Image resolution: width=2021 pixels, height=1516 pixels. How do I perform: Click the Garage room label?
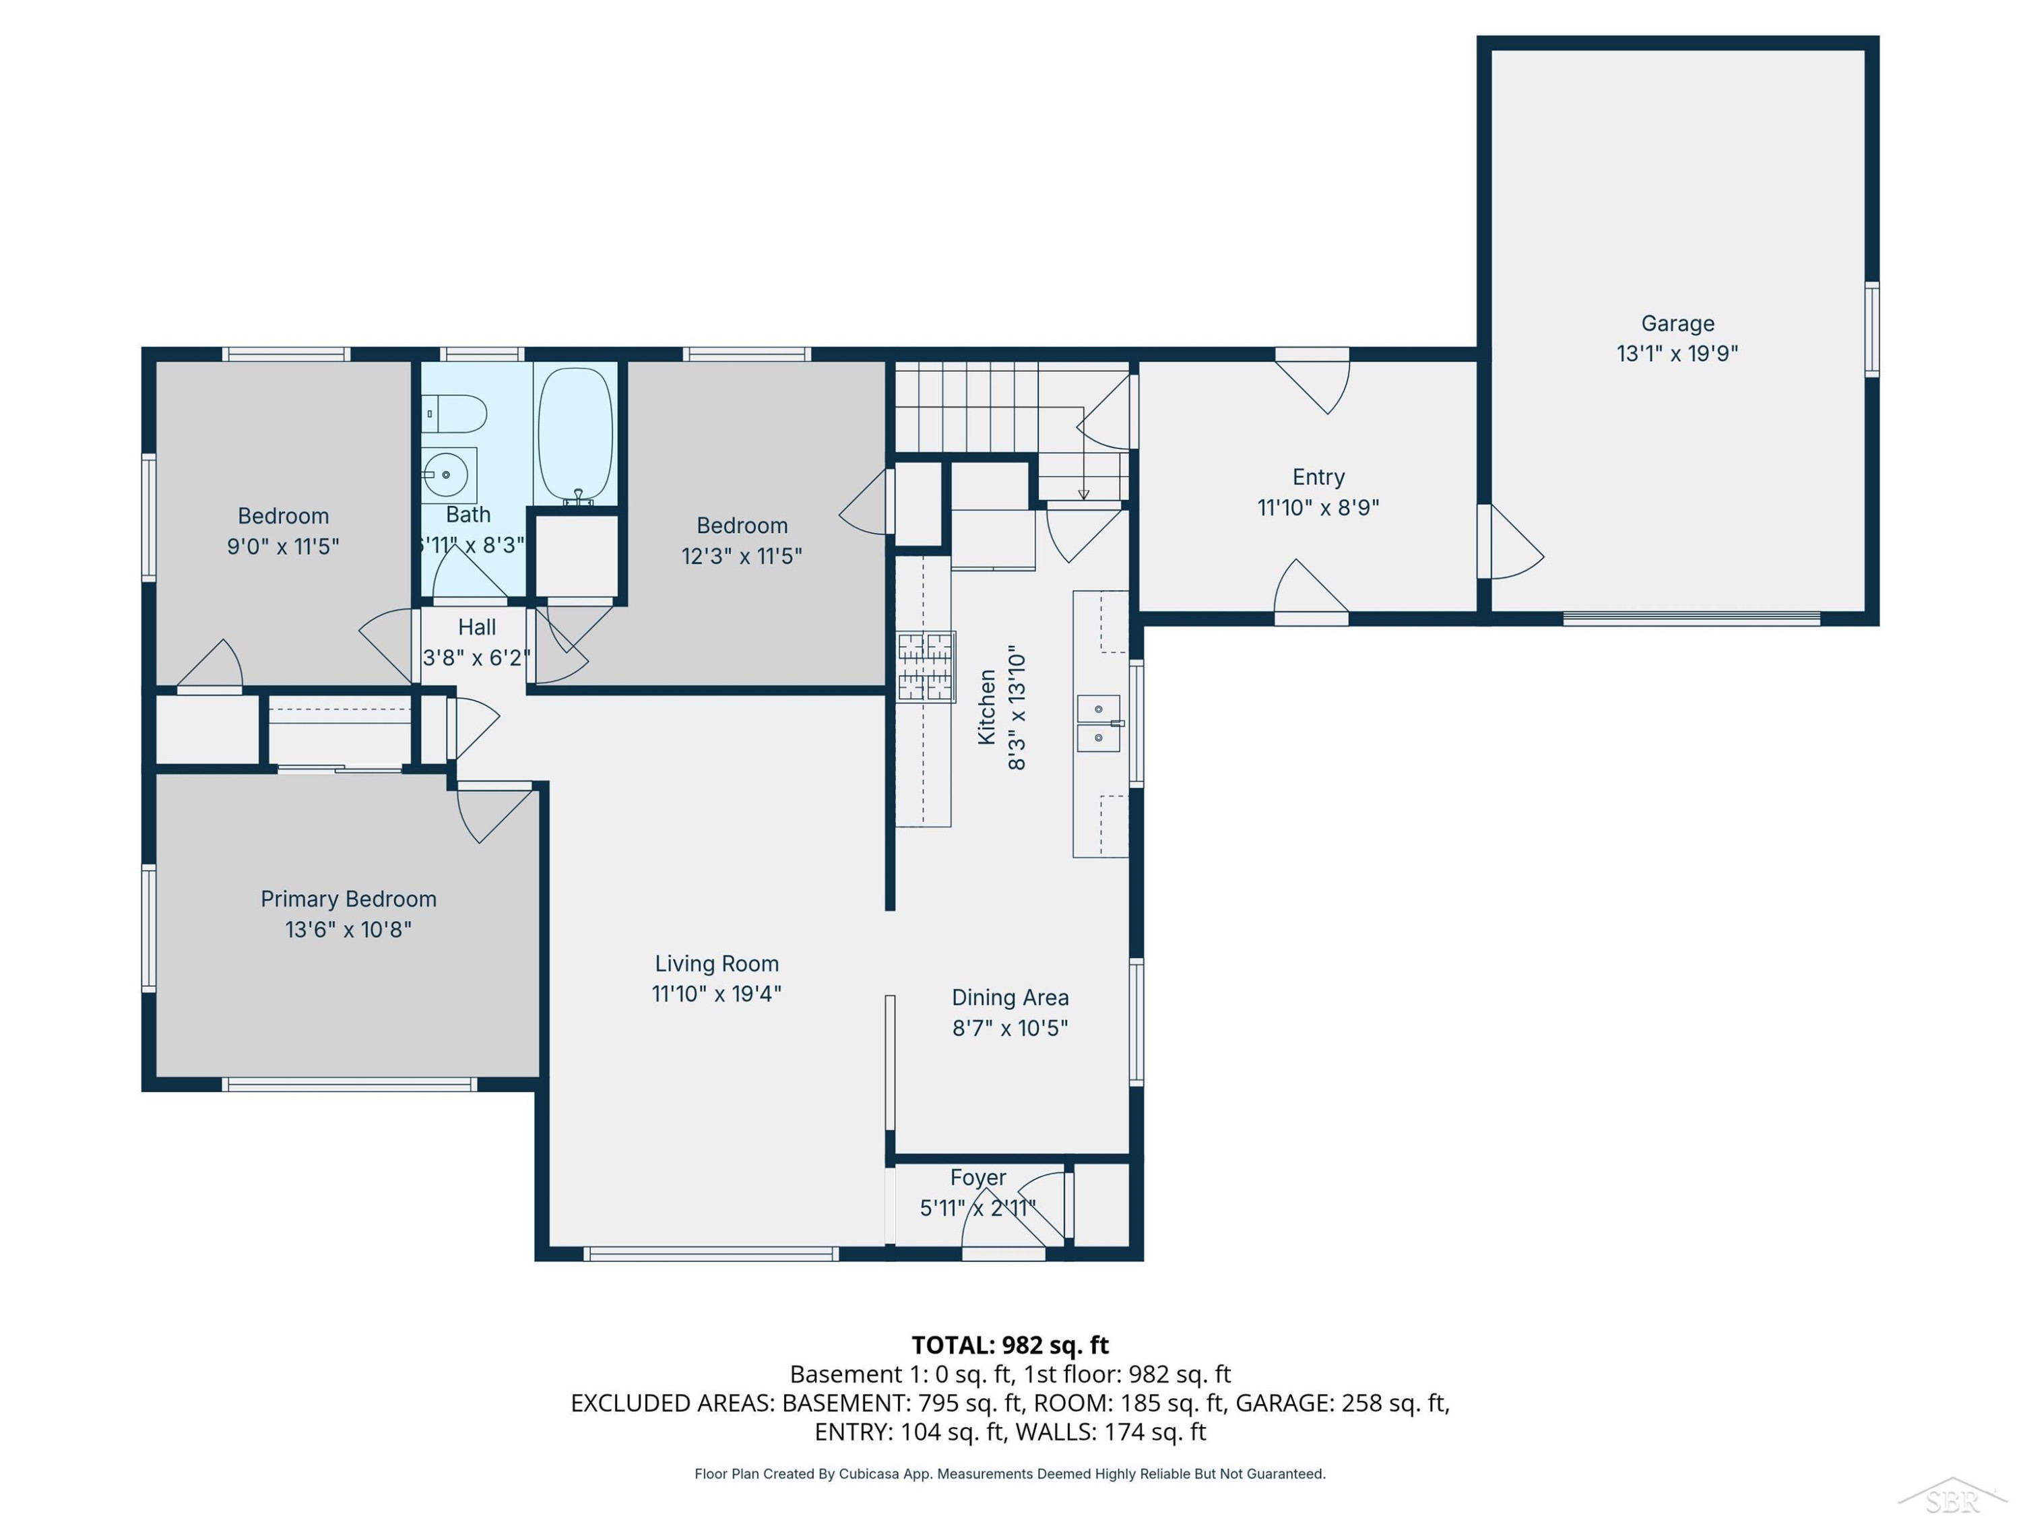pos(1677,323)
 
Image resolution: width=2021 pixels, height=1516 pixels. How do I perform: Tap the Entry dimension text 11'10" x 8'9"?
pos(1318,507)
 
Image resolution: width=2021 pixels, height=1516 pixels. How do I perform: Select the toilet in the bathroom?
pos(454,414)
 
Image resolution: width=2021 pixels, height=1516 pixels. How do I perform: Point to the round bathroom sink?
pos(447,475)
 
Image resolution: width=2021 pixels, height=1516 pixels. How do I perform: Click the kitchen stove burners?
pos(926,666)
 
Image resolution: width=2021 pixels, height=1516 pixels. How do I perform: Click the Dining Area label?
pos(1010,997)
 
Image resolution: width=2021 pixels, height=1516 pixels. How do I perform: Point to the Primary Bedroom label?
pos(349,899)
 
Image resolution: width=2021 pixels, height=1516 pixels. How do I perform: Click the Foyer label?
pos(977,1178)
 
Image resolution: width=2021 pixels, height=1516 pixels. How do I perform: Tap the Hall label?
pos(477,628)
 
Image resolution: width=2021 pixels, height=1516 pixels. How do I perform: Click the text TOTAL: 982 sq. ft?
pos(1010,1345)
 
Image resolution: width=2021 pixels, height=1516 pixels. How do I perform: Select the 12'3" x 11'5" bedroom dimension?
pos(742,557)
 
